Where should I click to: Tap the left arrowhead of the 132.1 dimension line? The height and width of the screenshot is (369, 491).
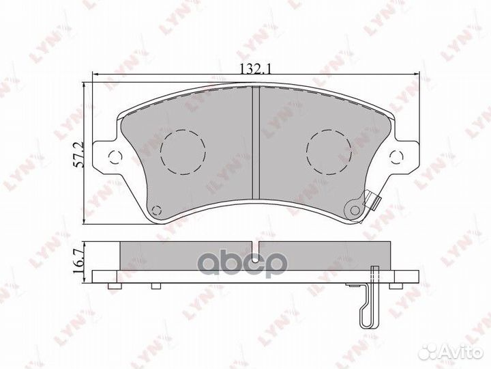(96, 76)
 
